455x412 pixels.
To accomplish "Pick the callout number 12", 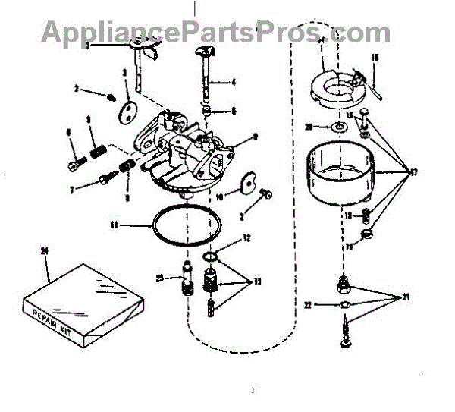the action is (246, 238).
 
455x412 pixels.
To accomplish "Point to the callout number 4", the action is (234, 82).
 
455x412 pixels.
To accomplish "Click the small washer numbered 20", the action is (334, 127).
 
